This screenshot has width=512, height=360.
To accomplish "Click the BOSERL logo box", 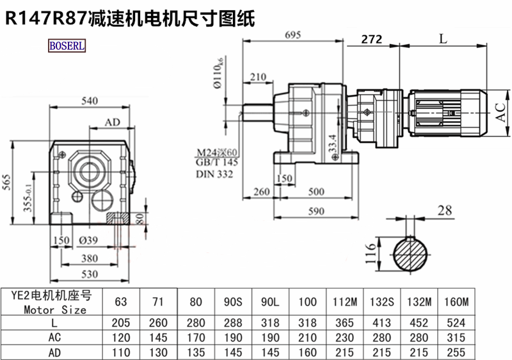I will tap(67, 45).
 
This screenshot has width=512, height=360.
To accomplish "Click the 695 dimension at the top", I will tap(292, 36).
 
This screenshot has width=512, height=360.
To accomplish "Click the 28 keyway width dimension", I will tap(445, 210).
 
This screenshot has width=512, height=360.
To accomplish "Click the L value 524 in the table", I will tap(456, 323).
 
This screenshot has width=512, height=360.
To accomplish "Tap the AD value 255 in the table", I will tap(456, 352).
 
